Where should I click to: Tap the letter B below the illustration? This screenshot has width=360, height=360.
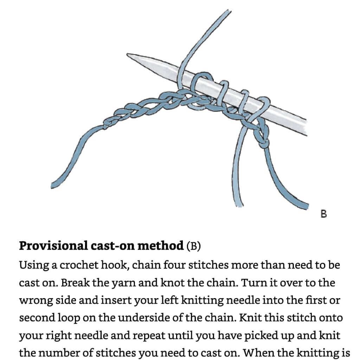(324, 213)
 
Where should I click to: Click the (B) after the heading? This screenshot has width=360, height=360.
(194, 246)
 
